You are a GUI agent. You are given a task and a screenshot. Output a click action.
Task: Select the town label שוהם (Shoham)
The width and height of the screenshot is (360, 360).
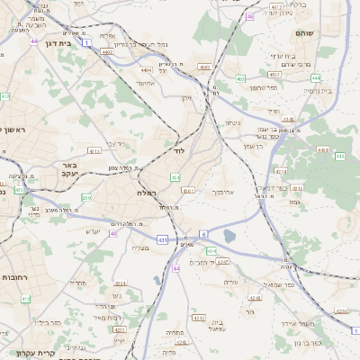point(304,33)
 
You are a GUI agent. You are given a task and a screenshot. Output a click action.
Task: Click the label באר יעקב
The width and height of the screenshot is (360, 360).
point(69,170)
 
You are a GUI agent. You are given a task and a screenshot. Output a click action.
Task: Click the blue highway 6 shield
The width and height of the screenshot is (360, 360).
point(204,234)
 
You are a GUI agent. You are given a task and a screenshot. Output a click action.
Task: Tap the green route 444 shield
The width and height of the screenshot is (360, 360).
point(315,78)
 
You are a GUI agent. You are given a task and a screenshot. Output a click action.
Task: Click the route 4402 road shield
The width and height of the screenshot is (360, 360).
point(108,53)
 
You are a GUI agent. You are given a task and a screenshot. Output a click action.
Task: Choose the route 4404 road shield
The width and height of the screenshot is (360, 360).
point(146,68)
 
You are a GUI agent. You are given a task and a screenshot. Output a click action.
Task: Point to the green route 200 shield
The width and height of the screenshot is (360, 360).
point(86,197)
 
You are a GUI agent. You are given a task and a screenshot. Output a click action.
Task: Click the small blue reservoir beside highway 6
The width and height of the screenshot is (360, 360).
point(227,238)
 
